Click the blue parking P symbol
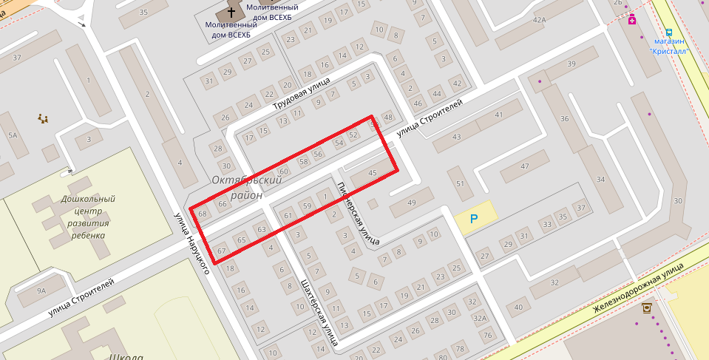475,218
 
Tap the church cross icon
231,13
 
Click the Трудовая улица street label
303,93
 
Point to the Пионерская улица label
358,213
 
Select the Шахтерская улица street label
319,313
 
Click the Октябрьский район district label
247,188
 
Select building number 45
372,173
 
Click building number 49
412,203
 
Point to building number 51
460,184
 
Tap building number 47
525,167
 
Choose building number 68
203,213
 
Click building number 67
220,251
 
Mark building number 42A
538,20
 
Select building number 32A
481,319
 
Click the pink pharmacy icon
632,20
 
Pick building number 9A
41,291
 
